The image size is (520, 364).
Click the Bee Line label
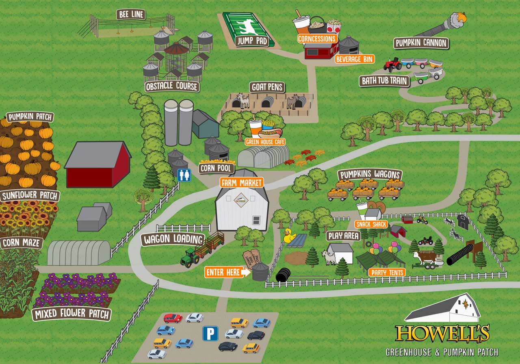(x=131, y=15)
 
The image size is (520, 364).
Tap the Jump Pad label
(x=251, y=41)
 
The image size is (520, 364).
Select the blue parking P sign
(x=210, y=333)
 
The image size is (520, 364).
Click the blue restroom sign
(x=184, y=175)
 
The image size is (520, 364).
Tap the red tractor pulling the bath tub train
(x=392, y=64)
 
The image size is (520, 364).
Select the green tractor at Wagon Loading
(x=190, y=257)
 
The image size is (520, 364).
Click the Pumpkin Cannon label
(x=421, y=43)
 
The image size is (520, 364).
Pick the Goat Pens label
(x=267, y=87)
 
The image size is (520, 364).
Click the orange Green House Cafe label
(x=265, y=142)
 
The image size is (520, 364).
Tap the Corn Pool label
(x=216, y=168)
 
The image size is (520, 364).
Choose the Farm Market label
(x=242, y=182)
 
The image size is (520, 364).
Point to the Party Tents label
(x=386, y=272)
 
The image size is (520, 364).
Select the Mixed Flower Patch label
(x=71, y=314)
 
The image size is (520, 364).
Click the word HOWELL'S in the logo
(x=442, y=334)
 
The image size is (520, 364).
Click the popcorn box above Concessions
(x=334, y=27)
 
